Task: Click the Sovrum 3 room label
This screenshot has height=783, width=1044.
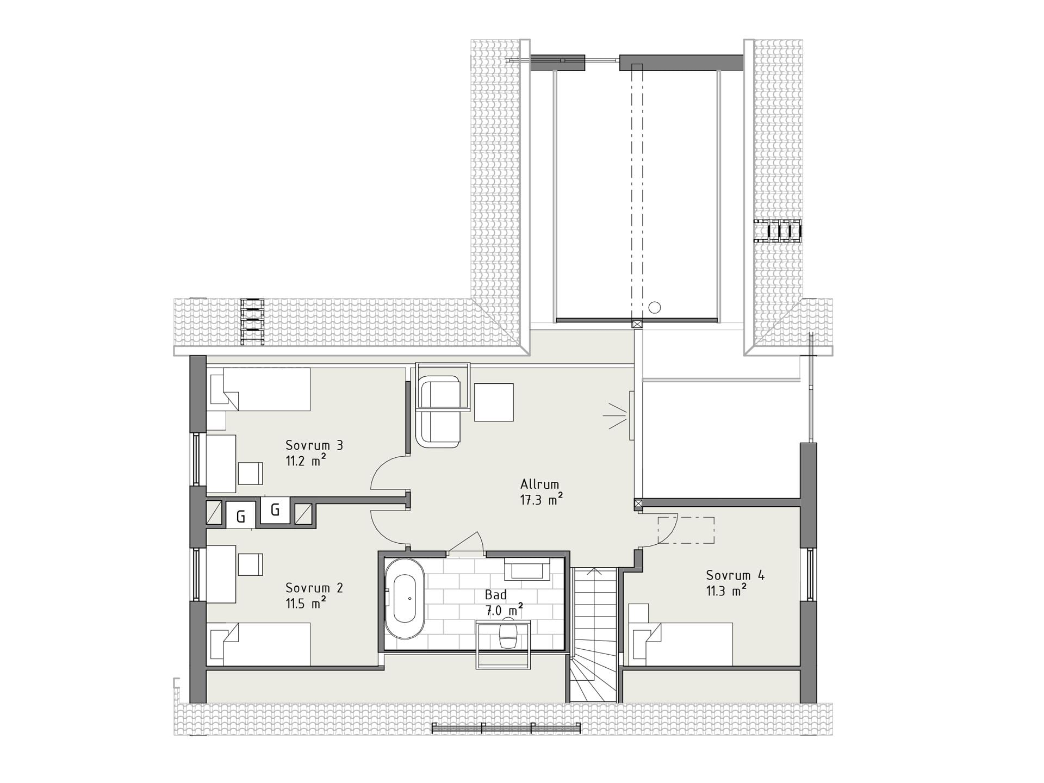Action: coord(314,445)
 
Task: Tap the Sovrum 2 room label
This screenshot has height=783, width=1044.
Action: coord(314,588)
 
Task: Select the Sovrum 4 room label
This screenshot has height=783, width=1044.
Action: coord(735,575)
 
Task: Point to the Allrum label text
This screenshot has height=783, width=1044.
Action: coord(539,484)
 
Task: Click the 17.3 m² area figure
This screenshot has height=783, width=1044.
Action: coord(541,499)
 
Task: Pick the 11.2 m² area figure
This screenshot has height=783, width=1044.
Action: coord(306,461)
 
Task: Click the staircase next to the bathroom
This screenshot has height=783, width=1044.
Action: coord(594,635)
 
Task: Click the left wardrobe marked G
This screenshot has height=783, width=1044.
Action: coord(241,517)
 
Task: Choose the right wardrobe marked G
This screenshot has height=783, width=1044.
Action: coord(275,510)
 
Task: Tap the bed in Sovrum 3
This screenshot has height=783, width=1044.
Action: coord(259,389)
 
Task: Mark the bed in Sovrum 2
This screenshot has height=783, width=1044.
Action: coord(259,644)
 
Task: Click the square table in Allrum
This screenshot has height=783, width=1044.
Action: coord(494,402)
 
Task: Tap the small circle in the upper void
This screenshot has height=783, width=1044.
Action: coord(655,308)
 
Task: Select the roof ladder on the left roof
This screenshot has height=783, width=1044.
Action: coord(252,321)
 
